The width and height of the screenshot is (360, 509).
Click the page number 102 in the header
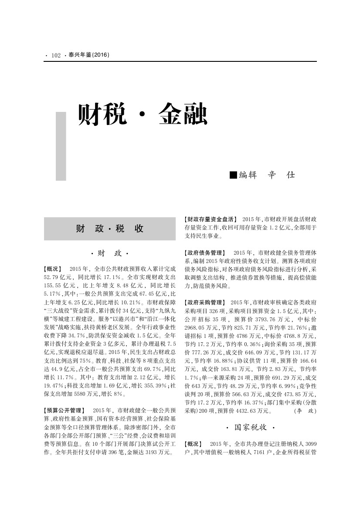[x=56, y=56]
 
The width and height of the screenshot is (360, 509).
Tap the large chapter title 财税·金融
[x=142, y=115]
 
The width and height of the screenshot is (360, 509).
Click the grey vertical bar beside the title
[x=61, y=146]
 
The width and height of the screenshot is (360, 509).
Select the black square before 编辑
[x=233, y=175]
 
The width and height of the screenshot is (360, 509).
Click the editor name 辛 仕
[x=282, y=175]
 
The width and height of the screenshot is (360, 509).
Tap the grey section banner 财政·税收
[x=110, y=229]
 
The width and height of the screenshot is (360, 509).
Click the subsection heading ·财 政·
[x=110, y=253]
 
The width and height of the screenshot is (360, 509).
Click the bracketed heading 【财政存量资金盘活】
[x=211, y=219]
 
